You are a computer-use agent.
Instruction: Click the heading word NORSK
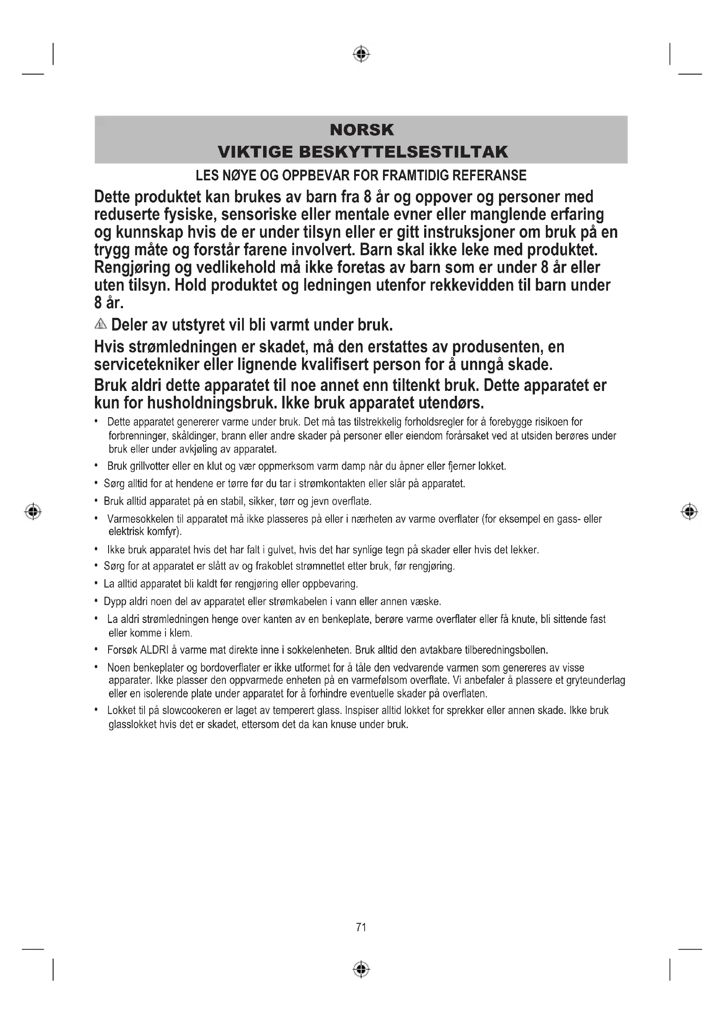click(x=362, y=130)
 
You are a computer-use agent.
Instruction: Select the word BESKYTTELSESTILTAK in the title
click(x=404, y=152)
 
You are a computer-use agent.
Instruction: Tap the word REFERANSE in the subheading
click(x=489, y=176)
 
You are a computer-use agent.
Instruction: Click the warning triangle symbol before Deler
click(x=101, y=324)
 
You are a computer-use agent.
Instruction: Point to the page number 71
click(x=361, y=927)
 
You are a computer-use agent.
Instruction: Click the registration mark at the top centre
click(x=361, y=54)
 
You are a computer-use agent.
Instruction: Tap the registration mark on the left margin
click(x=33, y=511)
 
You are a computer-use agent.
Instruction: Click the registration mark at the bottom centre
click(x=361, y=970)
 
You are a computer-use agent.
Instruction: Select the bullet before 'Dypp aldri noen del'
click(x=96, y=602)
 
